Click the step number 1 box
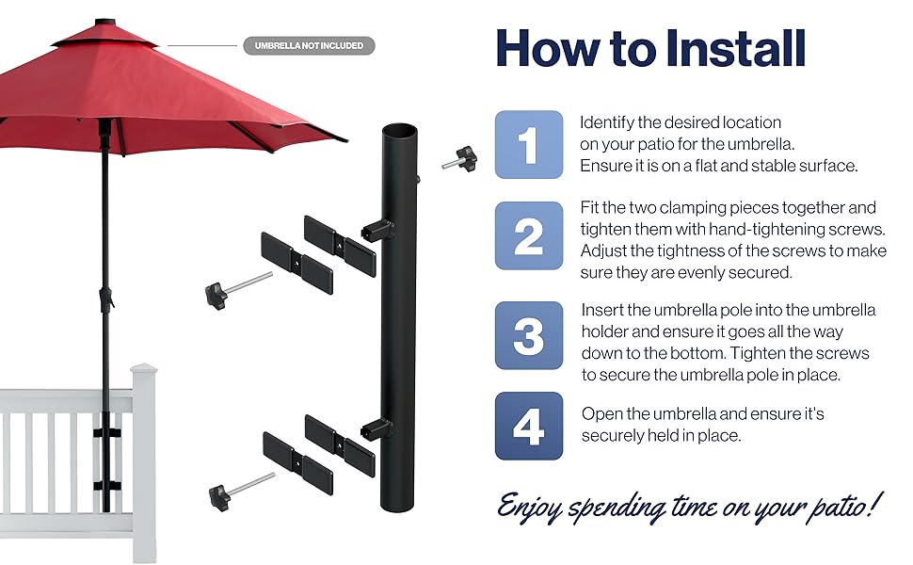529,144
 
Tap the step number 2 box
529,235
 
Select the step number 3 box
529,335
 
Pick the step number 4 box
529,427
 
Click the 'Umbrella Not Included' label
309,45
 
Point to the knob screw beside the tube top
462,158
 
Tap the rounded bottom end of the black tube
397,502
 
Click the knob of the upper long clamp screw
214,294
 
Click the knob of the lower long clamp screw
217,492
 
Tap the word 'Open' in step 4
601,414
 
